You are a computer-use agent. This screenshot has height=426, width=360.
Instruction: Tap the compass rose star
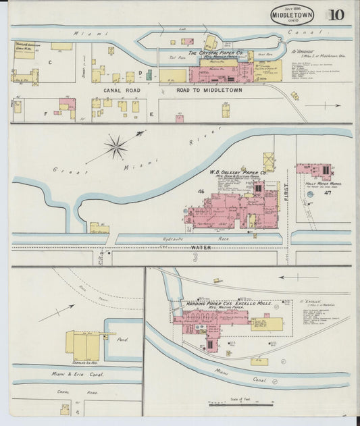pyautogui.click(x=117, y=146)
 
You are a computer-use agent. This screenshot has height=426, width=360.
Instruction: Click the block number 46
pyautogui.click(x=201, y=193)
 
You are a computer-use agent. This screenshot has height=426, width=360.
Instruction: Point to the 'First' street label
pyautogui.click(x=286, y=182)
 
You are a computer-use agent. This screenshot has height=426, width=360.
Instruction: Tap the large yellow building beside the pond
pyautogui.click(x=84, y=344)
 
